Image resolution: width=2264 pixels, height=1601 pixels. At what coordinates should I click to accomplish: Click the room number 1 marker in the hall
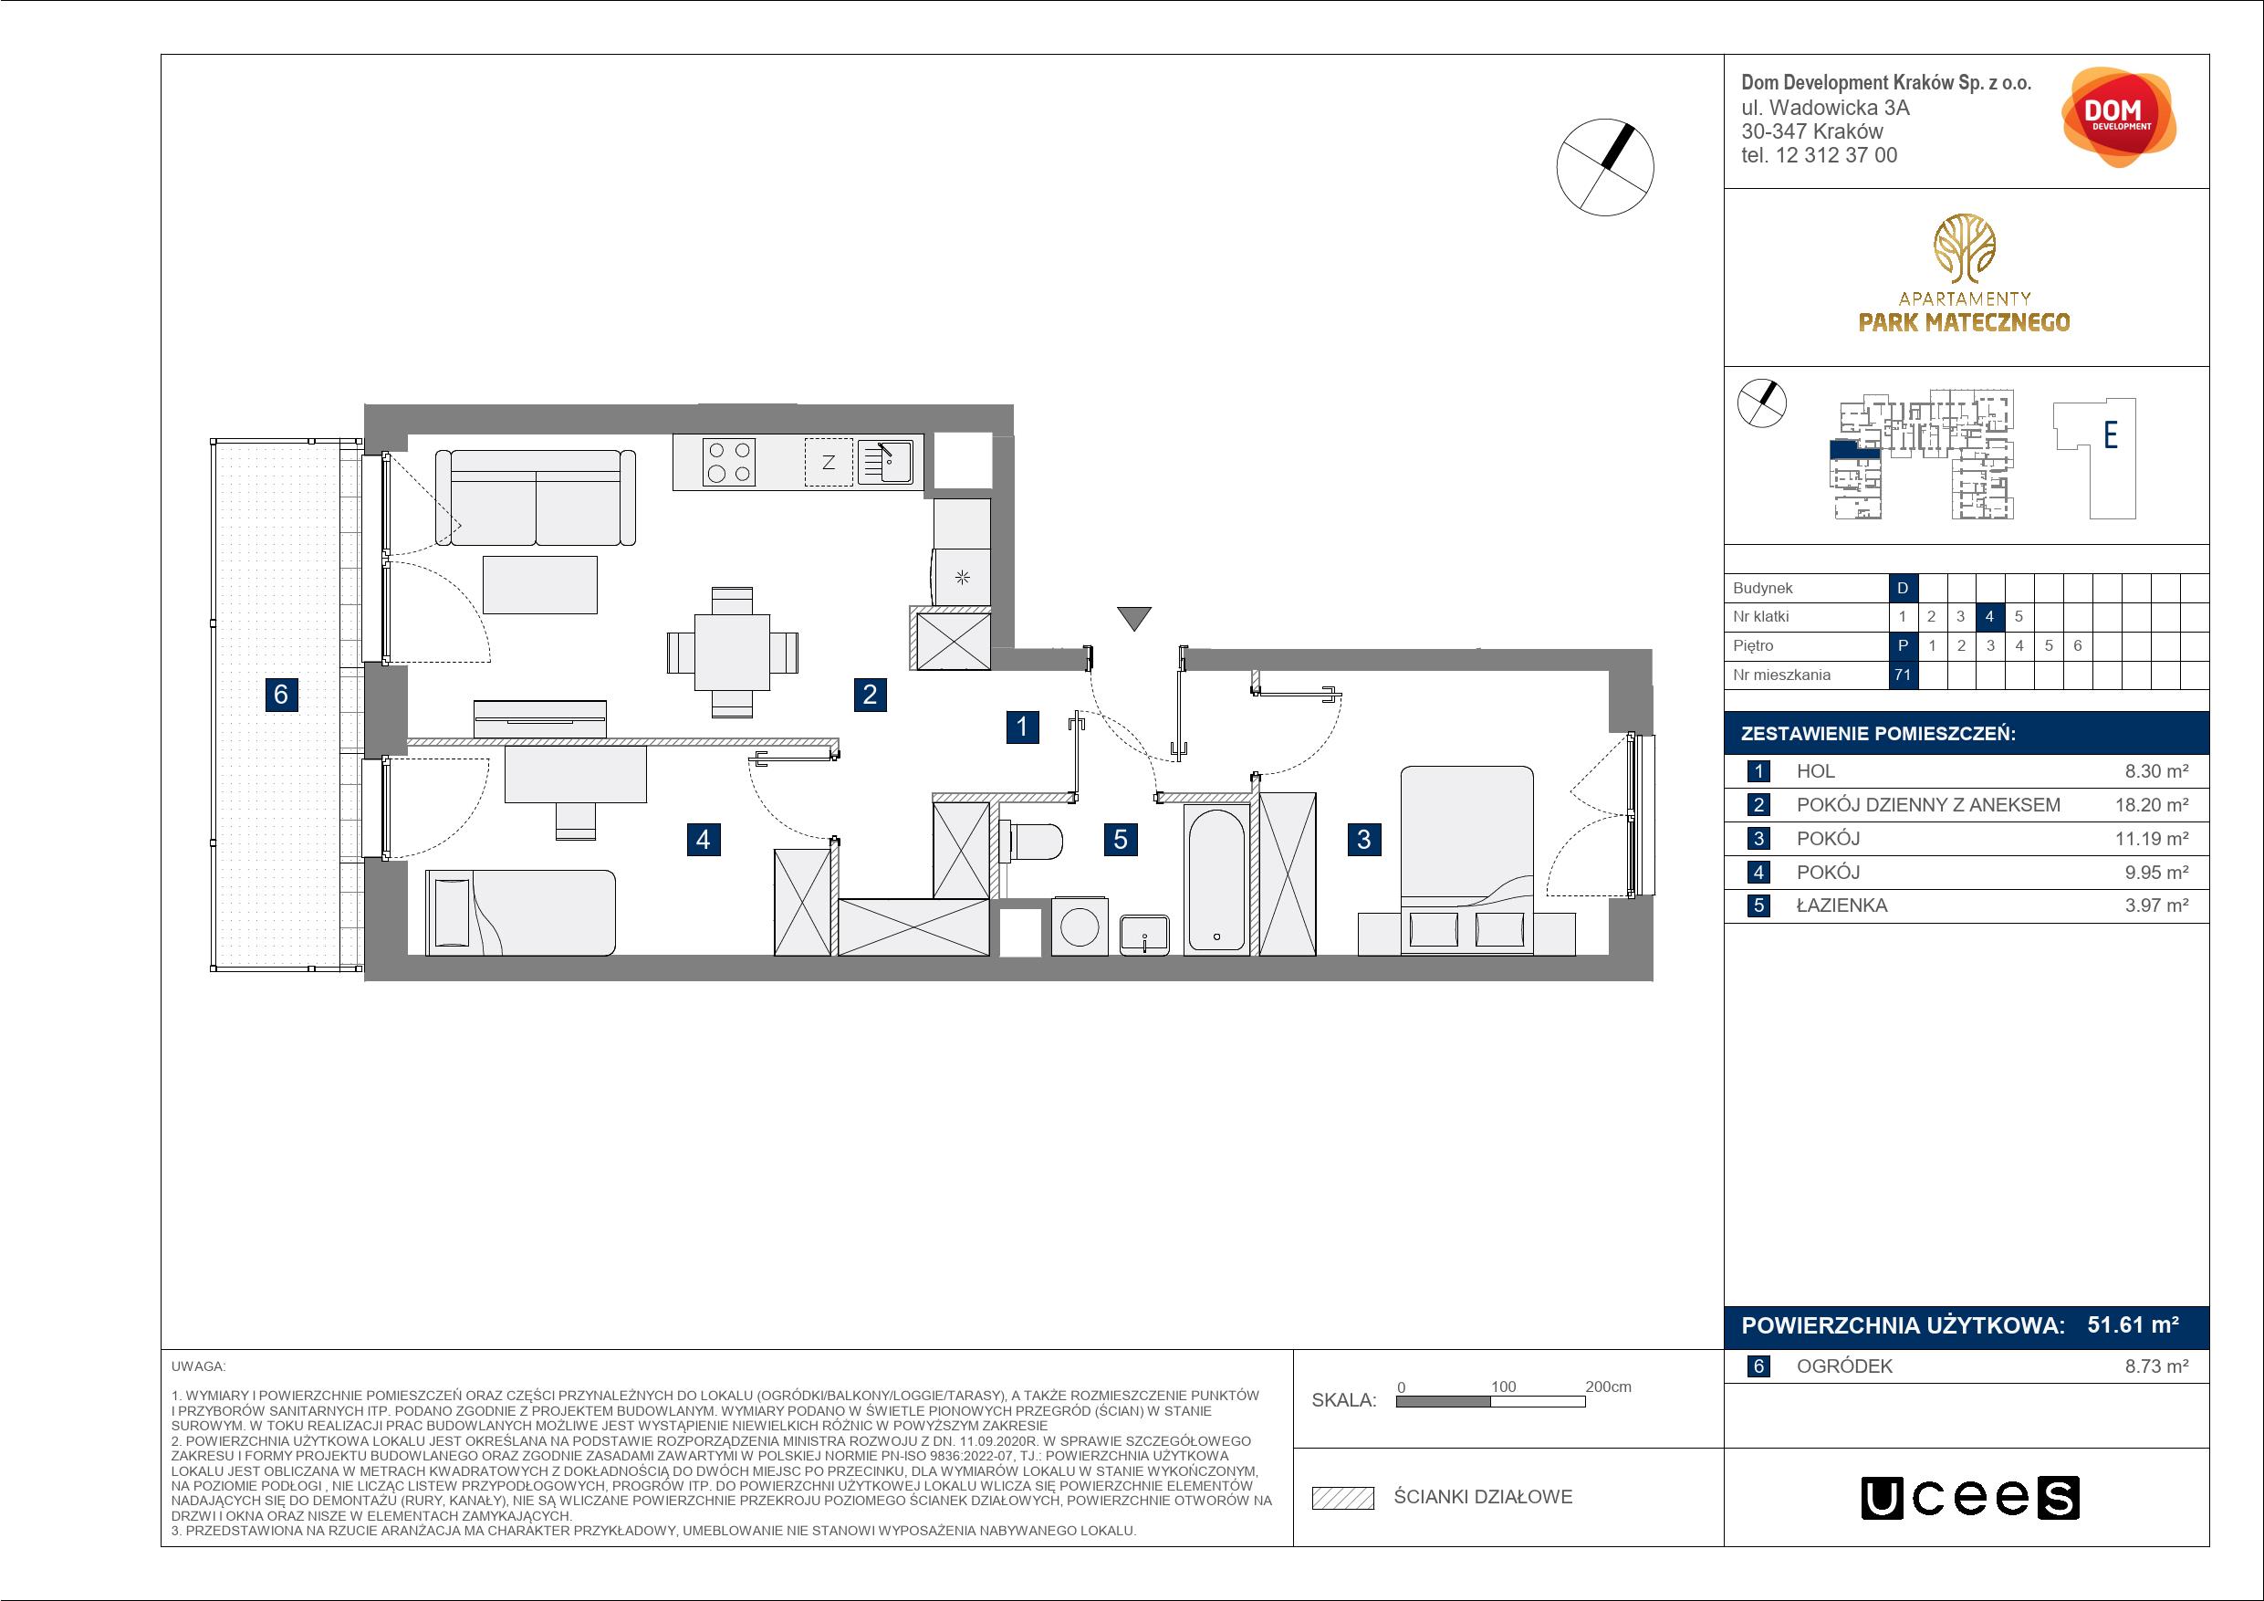pos(1021,727)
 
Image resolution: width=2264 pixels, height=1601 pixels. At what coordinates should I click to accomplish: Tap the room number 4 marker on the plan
pos(702,840)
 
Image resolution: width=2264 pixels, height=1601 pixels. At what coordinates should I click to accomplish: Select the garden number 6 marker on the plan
pos(281,695)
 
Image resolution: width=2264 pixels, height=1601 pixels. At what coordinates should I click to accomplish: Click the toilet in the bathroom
pos(1030,842)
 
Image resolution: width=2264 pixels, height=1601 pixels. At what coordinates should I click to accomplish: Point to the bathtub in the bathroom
pos(1216,880)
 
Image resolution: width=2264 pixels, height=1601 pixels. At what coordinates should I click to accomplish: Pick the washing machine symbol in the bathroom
pos(1080,926)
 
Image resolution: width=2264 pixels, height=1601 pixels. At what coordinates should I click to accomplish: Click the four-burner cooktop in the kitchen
pos(730,463)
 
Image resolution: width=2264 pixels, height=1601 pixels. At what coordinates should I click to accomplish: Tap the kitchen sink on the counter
pos(885,463)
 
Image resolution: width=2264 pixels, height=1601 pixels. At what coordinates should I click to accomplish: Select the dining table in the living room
pos(732,652)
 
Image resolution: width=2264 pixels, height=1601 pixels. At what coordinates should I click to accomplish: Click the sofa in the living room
pos(535,497)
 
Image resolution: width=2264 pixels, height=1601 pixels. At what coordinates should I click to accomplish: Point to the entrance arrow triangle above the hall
pos(1135,619)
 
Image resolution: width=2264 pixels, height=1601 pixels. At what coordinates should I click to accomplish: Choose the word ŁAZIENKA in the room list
pos(1842,905)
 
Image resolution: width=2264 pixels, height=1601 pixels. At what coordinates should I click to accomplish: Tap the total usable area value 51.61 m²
pos(2133,1324)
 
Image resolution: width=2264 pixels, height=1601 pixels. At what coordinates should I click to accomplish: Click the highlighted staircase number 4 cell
pos(1989,616)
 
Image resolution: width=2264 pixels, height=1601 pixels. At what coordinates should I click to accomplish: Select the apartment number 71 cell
pos(1902,675)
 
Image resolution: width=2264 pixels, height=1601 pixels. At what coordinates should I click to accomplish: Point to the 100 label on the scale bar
pos(1503,1386)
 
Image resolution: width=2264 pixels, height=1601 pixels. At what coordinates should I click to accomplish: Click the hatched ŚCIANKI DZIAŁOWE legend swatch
pos(1343,1499)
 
